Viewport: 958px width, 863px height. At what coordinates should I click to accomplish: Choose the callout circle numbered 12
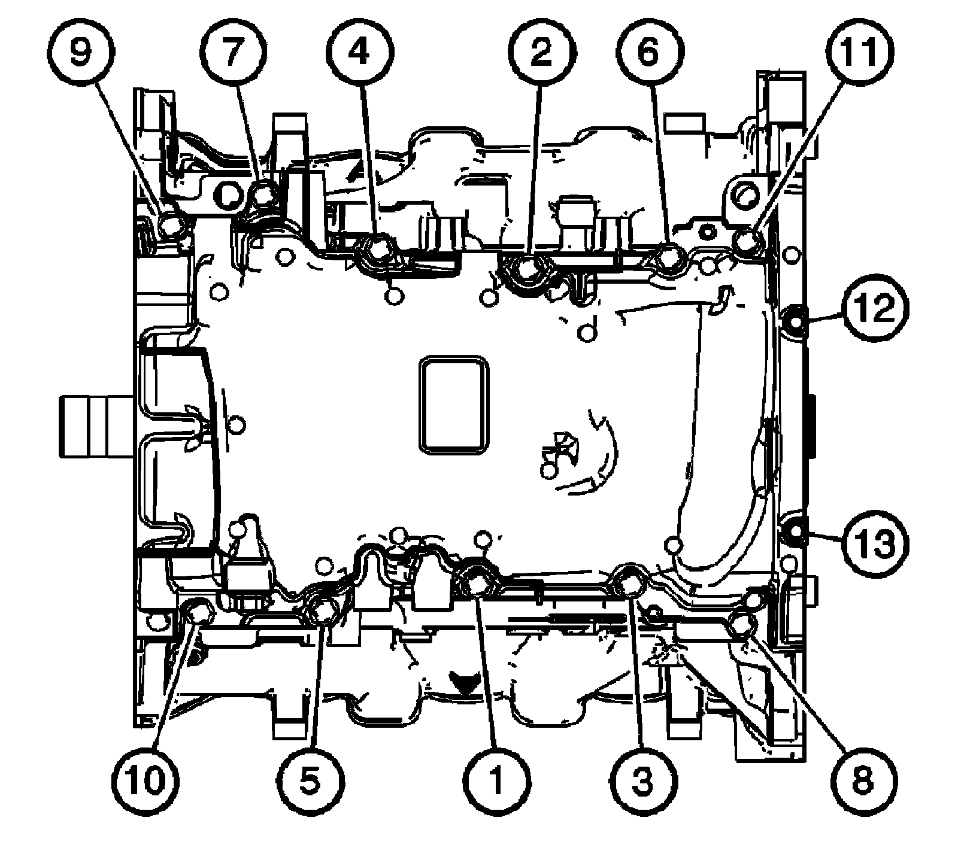tap(875, 312)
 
